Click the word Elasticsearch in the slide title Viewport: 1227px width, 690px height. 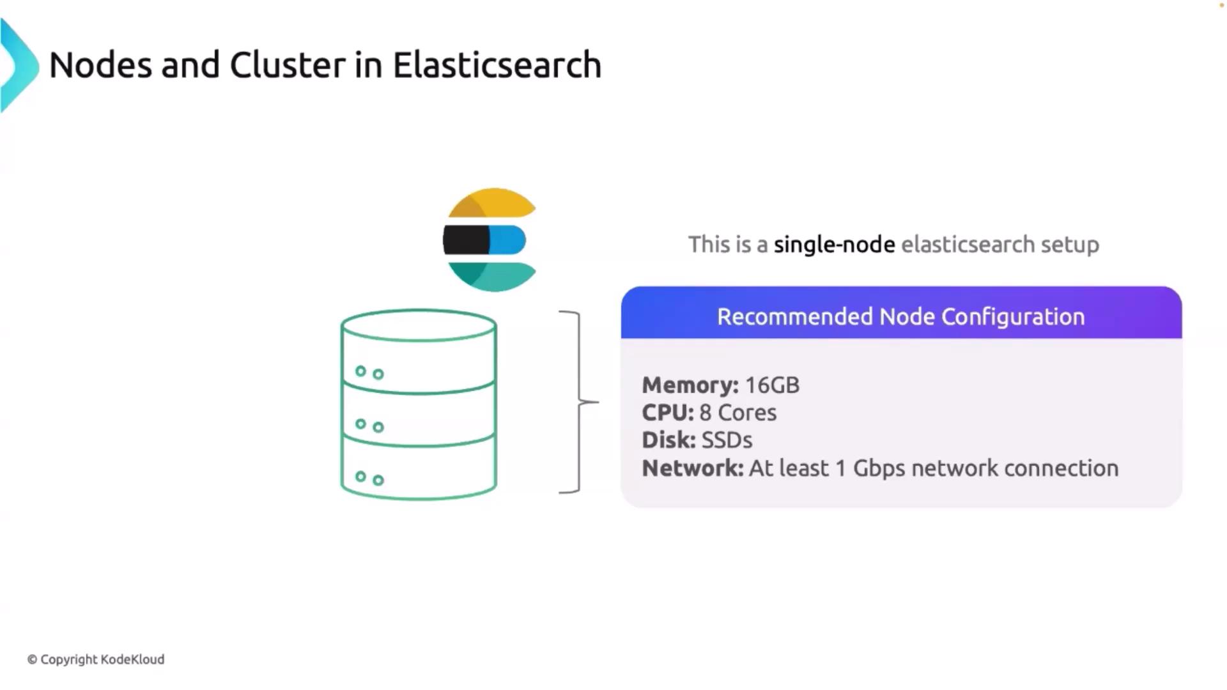[497, 65]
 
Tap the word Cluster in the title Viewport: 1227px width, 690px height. [288, 65]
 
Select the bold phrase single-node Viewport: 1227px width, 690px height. [834, 245]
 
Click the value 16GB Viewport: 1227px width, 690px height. [772, 385]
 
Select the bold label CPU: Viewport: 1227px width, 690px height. [667, 413]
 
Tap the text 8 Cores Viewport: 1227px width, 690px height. [738, 413]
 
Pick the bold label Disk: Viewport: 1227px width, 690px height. [668, 440]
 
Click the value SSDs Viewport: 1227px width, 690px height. [727, 440]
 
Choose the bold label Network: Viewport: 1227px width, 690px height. [693, 468]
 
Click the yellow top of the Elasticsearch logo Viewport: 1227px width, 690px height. [492, 203]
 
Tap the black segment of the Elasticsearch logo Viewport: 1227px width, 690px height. [466, 240]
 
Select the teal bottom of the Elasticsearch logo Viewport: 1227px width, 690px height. [492, 276]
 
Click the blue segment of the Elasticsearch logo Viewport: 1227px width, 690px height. [508, 240]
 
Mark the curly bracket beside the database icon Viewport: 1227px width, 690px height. [578, 402]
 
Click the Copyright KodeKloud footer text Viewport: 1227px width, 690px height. [96, 659]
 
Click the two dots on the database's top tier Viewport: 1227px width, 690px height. [369, 372]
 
